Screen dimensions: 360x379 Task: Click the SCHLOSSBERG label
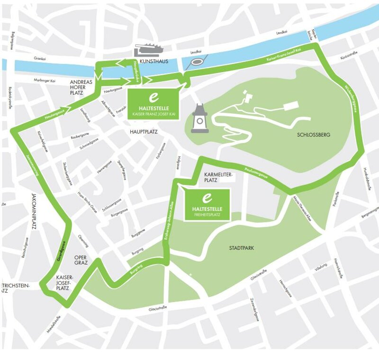(313, 135)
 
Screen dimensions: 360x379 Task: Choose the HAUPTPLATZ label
(143, 131)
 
